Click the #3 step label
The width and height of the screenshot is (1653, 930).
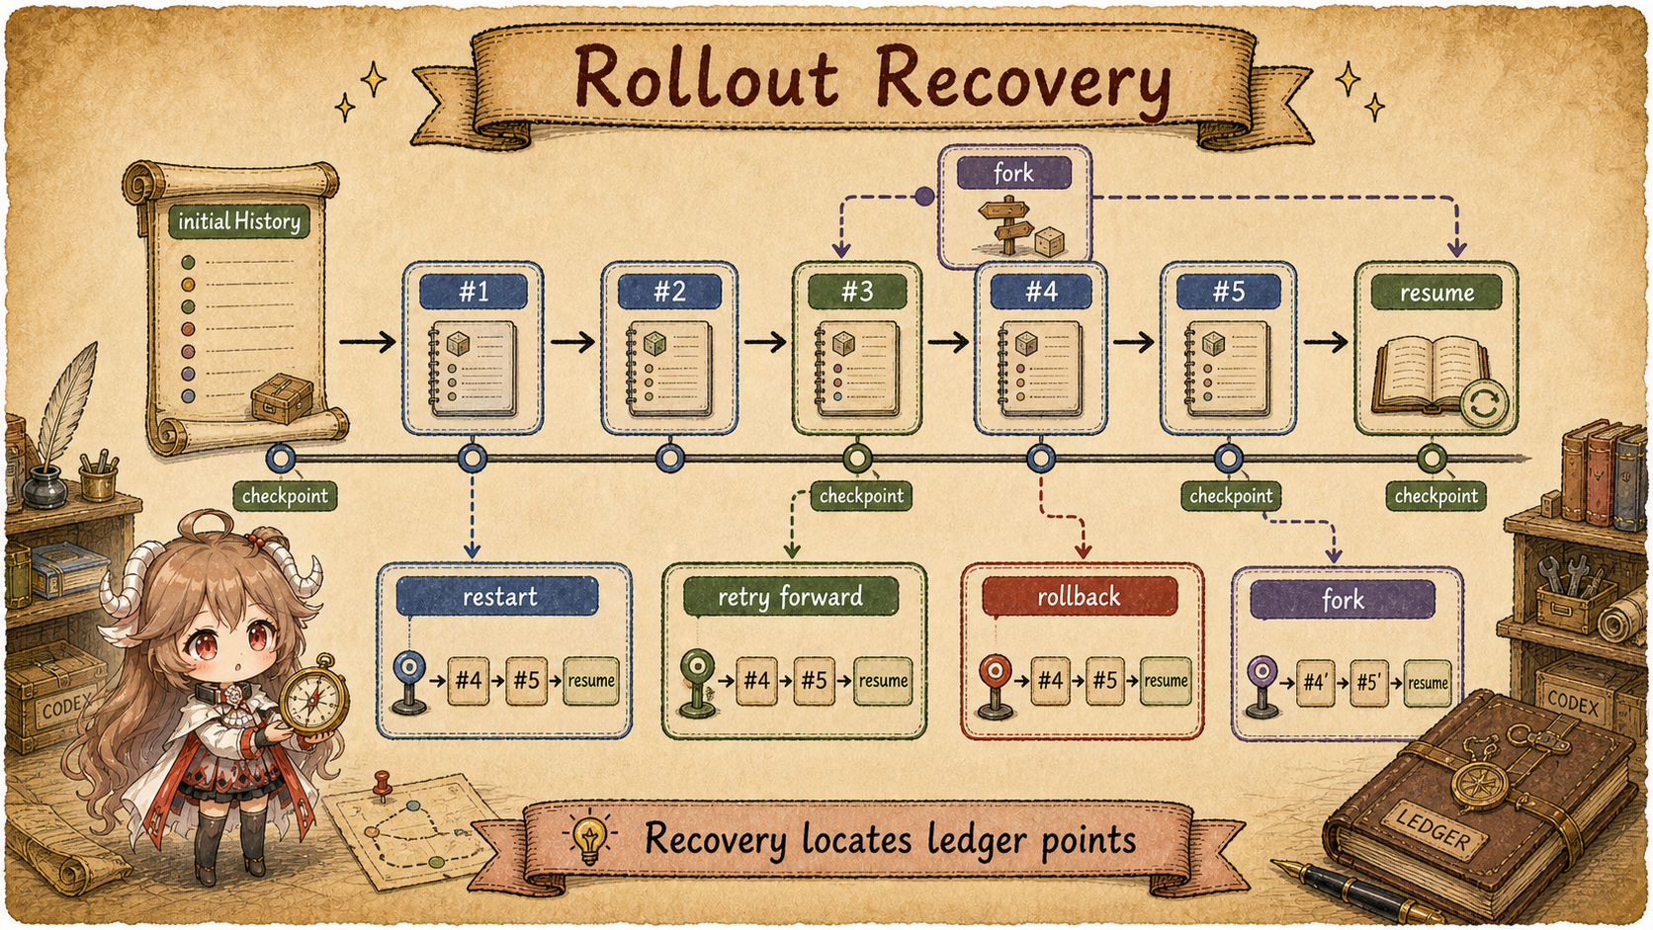(857, 293)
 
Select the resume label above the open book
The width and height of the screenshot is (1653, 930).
(1436, 293)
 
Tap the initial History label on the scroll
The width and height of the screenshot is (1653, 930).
(239, 221)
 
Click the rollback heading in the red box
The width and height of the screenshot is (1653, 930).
(1079, 597)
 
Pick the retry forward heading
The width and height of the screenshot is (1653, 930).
(790, 597)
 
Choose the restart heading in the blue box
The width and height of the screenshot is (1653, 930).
(498, 596)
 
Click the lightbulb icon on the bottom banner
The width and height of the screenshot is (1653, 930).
(589, 837)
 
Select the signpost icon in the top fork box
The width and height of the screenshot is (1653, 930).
(1005, 224)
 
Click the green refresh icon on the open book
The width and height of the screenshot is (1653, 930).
(1484, 403)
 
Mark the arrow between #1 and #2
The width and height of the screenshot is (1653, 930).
(572, 342)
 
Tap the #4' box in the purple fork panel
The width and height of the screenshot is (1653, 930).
(1316, 683)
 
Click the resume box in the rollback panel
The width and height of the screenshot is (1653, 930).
(1166, 681)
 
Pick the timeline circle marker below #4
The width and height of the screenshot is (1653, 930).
(1040, 459)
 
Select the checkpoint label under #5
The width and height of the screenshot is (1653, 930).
(1230, 495)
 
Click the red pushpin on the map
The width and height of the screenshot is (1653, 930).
(382, 785)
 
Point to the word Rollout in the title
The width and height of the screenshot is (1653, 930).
(707, 79)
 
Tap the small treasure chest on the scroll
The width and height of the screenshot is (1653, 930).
(281, 398)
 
